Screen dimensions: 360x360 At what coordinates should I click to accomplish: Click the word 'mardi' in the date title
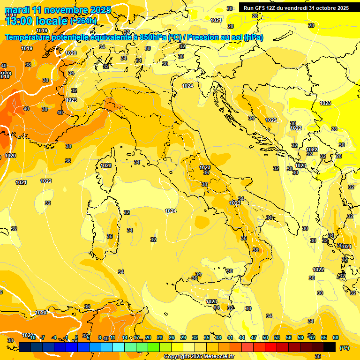18,10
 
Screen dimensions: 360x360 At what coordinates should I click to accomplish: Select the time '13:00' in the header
18,21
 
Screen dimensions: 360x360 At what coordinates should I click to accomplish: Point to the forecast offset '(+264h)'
83,21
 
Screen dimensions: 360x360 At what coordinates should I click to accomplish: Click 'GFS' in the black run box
261,8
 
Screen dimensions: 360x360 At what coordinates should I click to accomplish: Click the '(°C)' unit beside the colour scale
345,348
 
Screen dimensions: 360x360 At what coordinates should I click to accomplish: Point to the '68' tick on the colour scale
336,337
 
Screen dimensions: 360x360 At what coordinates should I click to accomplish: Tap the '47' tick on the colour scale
254,337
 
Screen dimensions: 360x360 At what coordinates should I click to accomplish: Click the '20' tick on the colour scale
148,337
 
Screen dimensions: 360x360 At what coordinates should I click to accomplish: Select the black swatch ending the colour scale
330,347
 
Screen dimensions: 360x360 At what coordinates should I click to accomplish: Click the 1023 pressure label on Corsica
106,165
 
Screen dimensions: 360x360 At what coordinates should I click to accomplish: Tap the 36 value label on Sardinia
110,236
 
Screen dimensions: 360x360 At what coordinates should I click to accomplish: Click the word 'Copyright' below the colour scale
176,357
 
